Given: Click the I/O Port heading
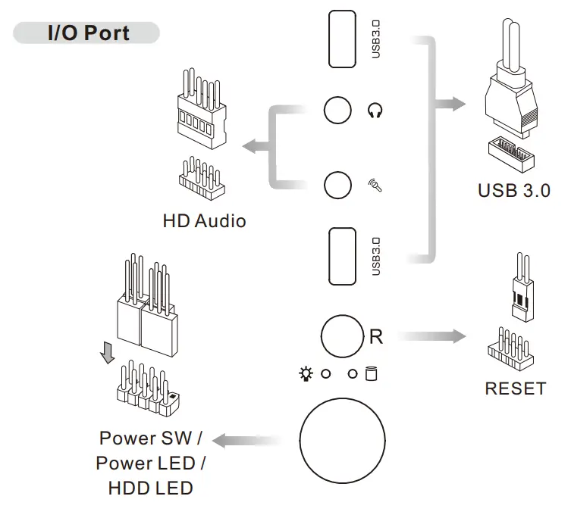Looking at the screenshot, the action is pyautogui.click(x=89, y=33).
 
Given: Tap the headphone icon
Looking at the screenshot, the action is pyautogui.click(x=375, y=111).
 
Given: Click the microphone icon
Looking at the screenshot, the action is pyautogui.click(x=375, y=185).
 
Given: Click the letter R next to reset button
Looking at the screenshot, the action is pyautogui.click(x=376, y=336).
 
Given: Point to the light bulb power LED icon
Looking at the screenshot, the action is pyautogui.click(x=306, y=373).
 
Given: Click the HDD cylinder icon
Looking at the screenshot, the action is pyautogui.click(x=371, y=373).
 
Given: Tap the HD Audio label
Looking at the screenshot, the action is pyautogui.click(x=204, y=221).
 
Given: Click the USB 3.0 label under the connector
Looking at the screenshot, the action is pyautogui.click(x=514, y=190).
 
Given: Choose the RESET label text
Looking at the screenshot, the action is pyautogui.click(x=516, y=388).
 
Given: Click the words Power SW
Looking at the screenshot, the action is pyautogui.click(x=146, y=438).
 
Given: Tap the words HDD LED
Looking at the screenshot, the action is pyautogui.click(x=150, y=488).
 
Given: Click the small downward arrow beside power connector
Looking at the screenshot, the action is pyautogui.click(x=108, y=352).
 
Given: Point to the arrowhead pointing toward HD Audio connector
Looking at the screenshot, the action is pyautogui.click(x=251, y=146).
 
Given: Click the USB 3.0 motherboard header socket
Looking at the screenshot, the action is pyautogui.click(x=511, y=154).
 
